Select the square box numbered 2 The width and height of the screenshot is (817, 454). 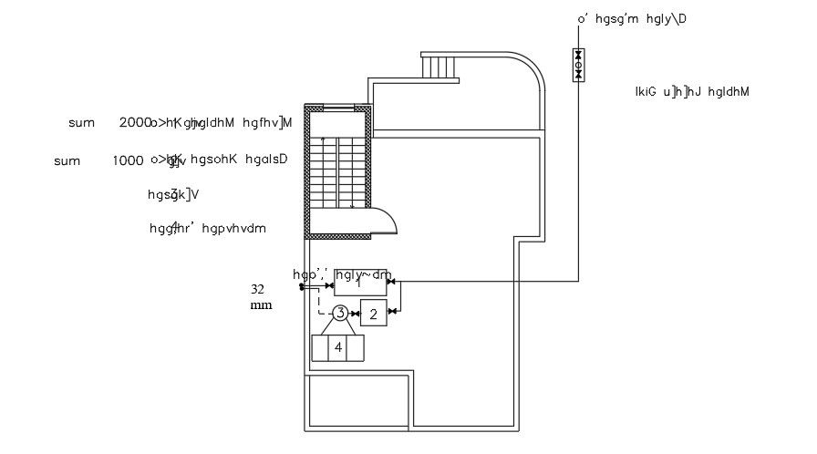coord(373,315)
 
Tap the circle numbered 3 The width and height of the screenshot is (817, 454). coord(340,314)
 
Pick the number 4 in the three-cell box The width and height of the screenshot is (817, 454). coord(337,347)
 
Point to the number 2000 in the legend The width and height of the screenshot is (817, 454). coord(134,122)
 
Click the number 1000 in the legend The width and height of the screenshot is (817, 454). coord(128,160)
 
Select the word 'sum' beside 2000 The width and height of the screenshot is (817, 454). coord(81,122)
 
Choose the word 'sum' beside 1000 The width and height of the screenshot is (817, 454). coord(67,161)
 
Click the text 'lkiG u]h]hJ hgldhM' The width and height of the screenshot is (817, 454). coord(691,91)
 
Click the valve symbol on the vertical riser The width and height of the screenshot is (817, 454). coord(578,65)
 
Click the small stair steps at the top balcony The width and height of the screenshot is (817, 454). coord(439,67)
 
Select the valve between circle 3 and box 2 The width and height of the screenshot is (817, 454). coord(356,315)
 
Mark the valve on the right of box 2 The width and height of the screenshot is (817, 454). coord(393,312)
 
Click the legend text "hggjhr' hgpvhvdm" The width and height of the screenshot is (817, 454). coord(207,229)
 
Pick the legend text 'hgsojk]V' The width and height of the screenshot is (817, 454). coord(172,194)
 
